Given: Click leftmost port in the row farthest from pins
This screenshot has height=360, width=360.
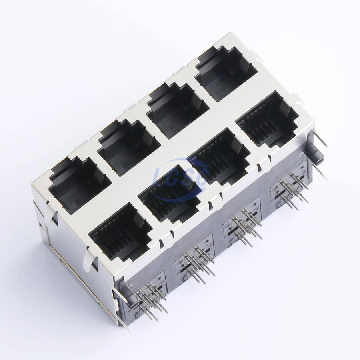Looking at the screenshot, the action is [x=77, y=185].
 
